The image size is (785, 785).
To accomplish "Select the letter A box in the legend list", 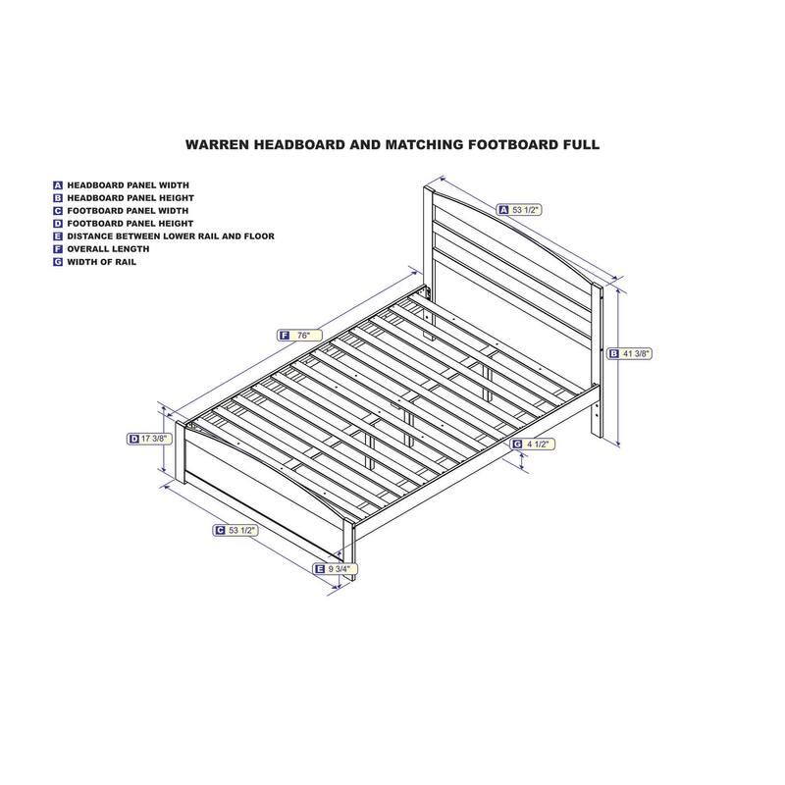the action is pos(58,185).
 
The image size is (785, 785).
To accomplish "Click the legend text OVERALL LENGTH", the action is pos(108,249).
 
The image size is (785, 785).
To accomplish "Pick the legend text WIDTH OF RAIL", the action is pos(102,262).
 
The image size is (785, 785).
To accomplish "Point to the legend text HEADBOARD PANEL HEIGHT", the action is pos(131,198).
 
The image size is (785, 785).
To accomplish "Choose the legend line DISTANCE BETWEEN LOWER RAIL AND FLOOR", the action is pos(171,236).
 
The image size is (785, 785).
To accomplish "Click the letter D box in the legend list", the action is pos(58,224).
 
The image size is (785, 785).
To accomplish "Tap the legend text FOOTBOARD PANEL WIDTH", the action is pos(128,211).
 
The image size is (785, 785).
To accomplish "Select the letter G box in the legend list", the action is pos(58,262).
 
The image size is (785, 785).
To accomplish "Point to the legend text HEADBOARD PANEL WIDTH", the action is pos(129,185).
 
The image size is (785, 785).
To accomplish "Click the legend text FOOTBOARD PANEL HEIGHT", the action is pos(131,224).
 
